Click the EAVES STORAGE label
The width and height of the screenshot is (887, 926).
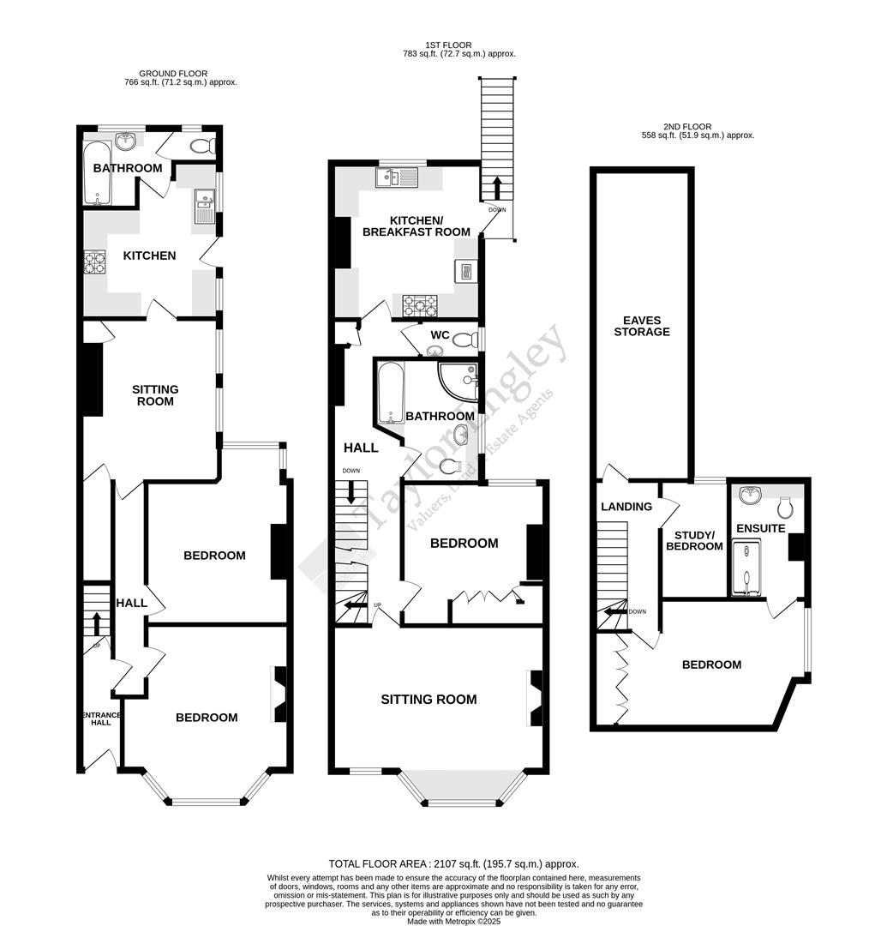tap(641, 326)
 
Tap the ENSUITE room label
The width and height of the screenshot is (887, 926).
tap(761, 528)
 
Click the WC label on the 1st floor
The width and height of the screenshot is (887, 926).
tap(440, 334)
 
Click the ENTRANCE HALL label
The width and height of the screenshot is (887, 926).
tap(100, 718)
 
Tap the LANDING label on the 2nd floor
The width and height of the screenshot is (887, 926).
tap(626, 507)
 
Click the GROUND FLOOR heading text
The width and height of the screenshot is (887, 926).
tap(175, 74)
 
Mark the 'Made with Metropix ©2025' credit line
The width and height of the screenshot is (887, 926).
tap(454, 921)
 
